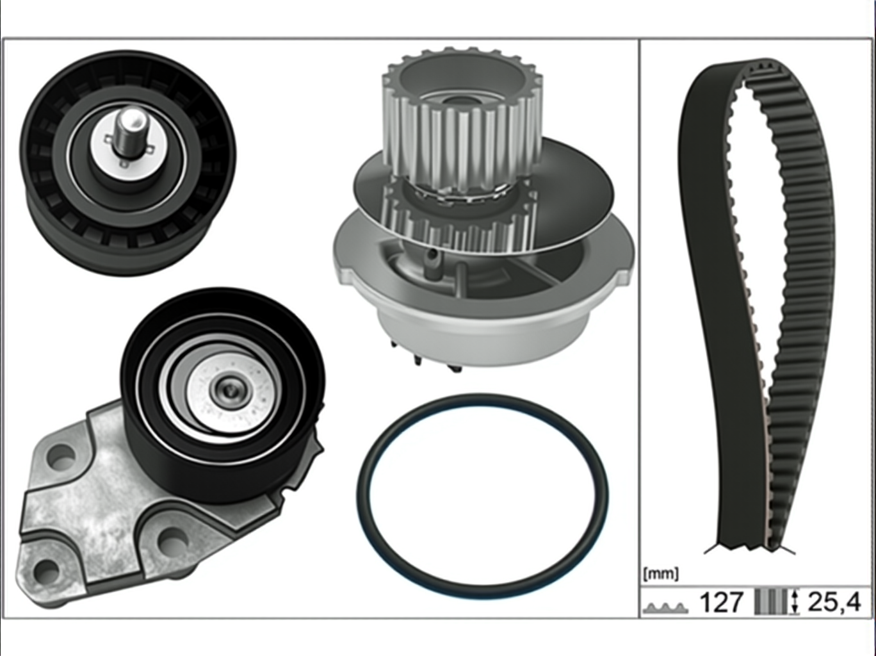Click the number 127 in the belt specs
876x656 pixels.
coord(722,602)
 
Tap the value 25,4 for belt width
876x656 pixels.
coord(834,602)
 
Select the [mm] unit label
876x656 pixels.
coord(661,574)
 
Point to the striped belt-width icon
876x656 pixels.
coord(771,602)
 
